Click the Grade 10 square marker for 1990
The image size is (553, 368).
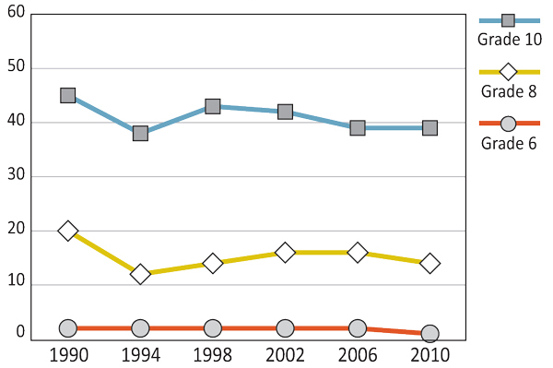point(67,95)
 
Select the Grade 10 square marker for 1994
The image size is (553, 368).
point(140,133)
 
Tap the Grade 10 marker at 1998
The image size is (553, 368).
point(213,106)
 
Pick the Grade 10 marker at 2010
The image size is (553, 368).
point(429,127)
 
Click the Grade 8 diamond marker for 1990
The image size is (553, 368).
point(67,231)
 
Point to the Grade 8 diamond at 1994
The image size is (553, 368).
point(140,274)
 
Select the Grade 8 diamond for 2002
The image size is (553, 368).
point(285,252)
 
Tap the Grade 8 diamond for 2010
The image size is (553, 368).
point(429,263)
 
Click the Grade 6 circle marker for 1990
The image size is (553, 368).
point(67,328)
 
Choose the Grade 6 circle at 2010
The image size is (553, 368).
point(429,333)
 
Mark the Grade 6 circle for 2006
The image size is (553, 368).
point(358,328)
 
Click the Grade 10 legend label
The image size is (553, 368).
point(509,39)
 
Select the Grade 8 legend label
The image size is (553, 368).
point(509,90)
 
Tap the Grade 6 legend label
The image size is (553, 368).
point(509,142)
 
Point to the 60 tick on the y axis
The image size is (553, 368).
point(15,15)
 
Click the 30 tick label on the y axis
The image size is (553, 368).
point(15,176)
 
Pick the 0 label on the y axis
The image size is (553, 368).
point(19,331)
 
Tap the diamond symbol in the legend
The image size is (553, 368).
point(508,72)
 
